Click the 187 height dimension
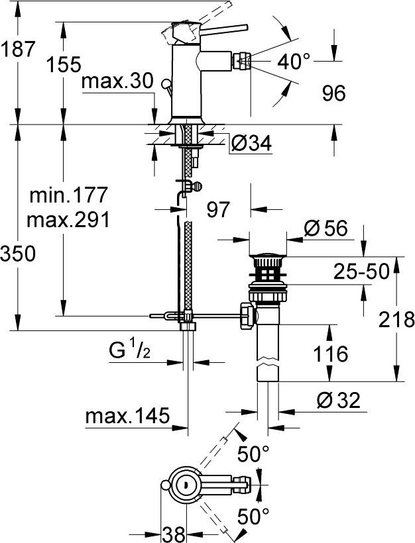17,49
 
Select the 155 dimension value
64,64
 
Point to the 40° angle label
294,62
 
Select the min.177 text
69,195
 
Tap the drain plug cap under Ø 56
267,254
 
